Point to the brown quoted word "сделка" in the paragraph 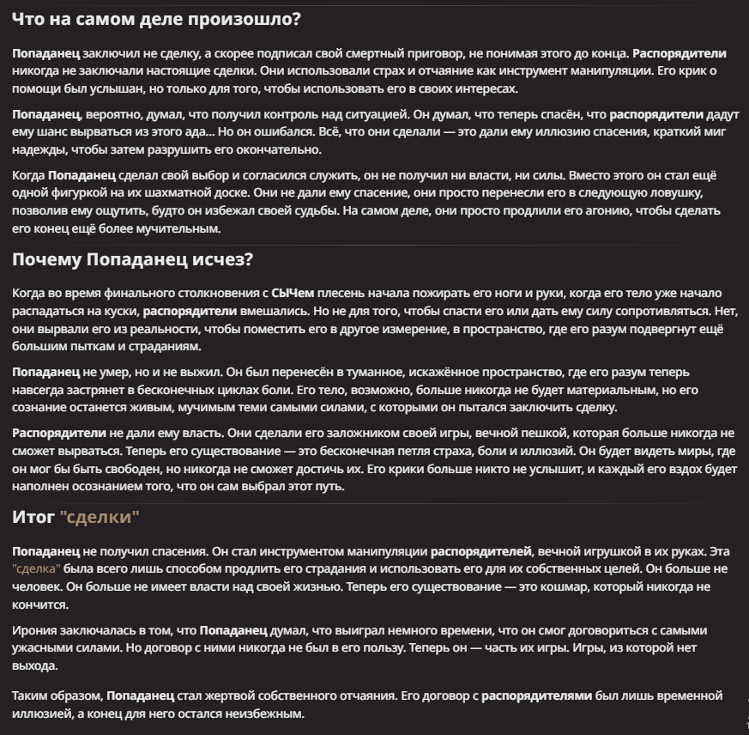pyautogui.click(x=37, y=568)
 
